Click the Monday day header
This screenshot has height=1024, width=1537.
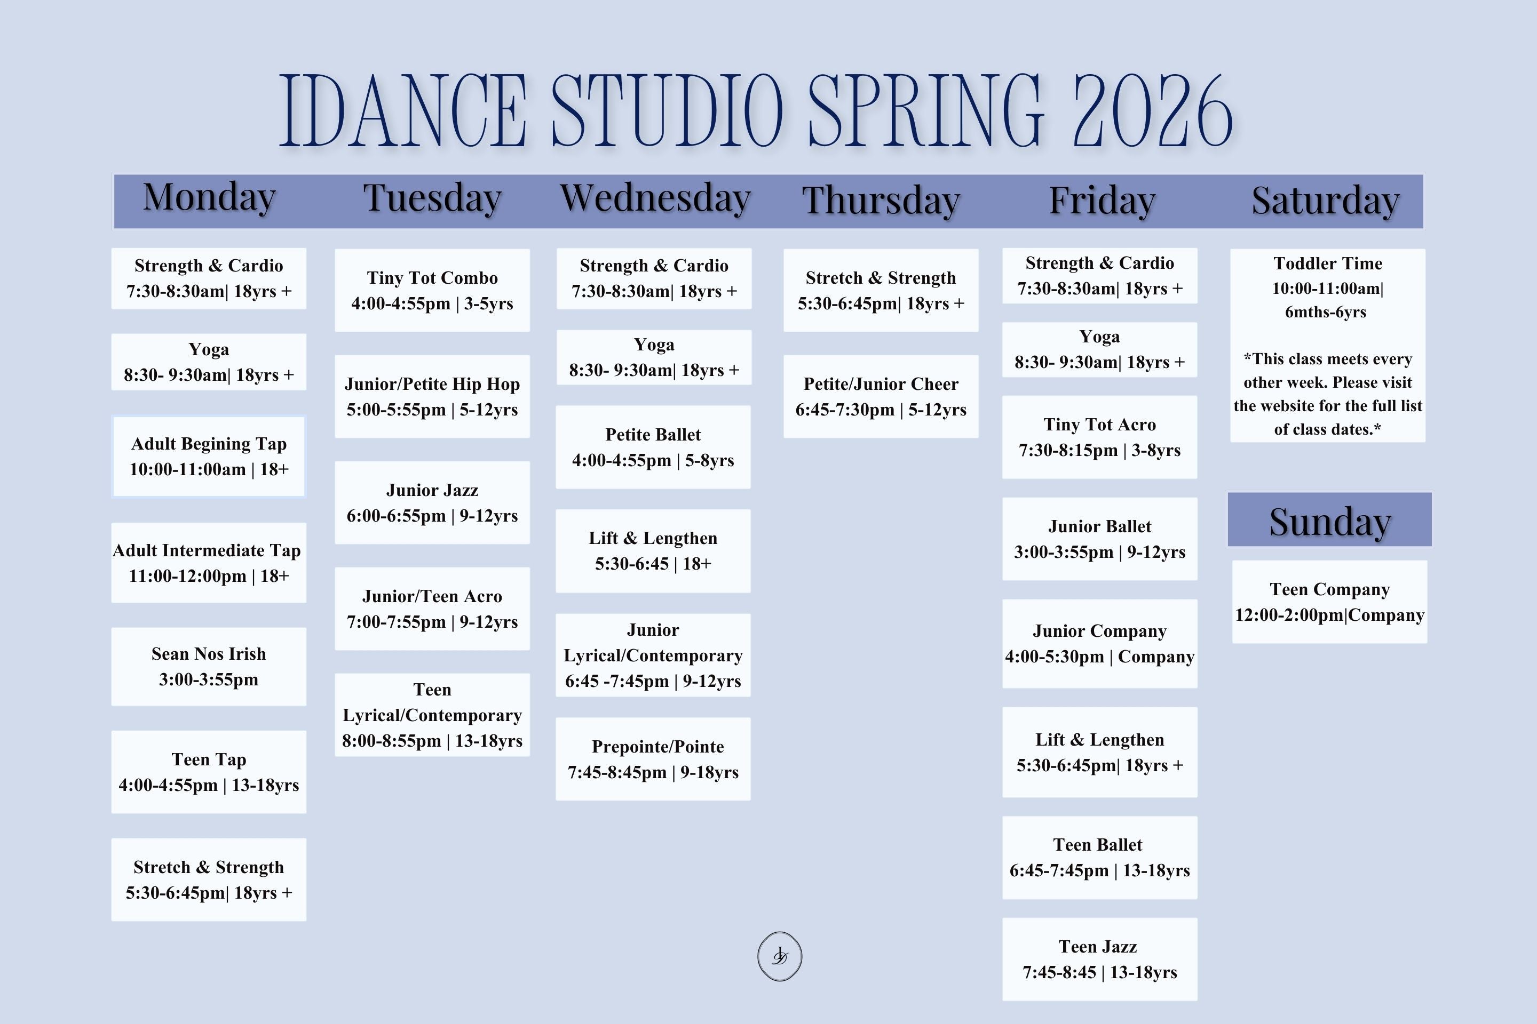click(x=209, y=197)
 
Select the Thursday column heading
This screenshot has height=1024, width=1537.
click(x=881, y=200)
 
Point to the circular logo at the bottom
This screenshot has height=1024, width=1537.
click(x=780, y=956)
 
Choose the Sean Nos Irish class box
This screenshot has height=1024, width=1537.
click(x=209, y=667)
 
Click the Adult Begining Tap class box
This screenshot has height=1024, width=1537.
click(x=209, y=457)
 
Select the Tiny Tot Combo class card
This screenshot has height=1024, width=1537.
click(x=433, y=291)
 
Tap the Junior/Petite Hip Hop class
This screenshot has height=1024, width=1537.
click(x=433, y=396)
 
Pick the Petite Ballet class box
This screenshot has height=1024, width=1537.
click(x=653, y=447)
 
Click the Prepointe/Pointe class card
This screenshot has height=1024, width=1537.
click(x=653, y=759)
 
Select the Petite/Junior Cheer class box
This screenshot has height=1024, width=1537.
click(x=881, y=396)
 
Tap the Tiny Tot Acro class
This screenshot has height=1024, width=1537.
click(x=1100, y=437)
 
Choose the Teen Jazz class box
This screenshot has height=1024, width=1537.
click(x=1100, y=959)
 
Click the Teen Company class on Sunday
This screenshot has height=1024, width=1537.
click(x=1330, y=602)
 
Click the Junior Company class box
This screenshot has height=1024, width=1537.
click(x=1100, y=644)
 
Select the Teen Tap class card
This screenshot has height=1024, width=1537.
click(x=209, y=772)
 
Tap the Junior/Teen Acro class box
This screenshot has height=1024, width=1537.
click(x=433, y=609)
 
